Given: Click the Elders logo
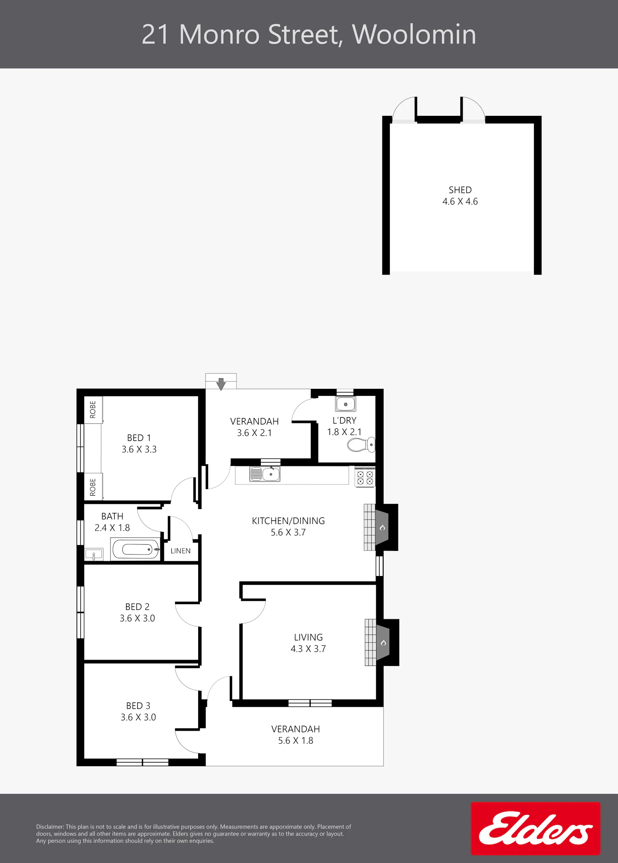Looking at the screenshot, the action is tap(535, 828).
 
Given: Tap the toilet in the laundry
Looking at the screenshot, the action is tap(361, 445).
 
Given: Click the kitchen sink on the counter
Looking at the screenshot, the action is tap(265, 474).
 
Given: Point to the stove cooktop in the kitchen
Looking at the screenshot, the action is tap(365, 477).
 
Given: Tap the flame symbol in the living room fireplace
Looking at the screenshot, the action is tap(383, 643).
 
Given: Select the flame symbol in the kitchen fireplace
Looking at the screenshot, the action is tap(382, 527).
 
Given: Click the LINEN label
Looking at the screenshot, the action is tap(180, 551).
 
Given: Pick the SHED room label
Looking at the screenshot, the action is tap(460, 190).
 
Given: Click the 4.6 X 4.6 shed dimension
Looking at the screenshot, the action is tap(460, 202).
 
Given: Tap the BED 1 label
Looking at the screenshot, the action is tap(139, 438).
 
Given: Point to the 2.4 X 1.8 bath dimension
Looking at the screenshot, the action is tap(112, 528).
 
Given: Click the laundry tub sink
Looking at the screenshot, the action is tap(346, 404).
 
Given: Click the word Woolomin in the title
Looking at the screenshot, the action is tap(414, 34).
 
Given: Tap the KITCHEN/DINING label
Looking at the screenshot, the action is tap(288, 521).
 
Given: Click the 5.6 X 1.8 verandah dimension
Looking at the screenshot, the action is tap(296, 741).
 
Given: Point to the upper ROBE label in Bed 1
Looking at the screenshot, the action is tap(93, 409).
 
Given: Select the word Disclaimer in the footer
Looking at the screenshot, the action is tap(50, 827).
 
